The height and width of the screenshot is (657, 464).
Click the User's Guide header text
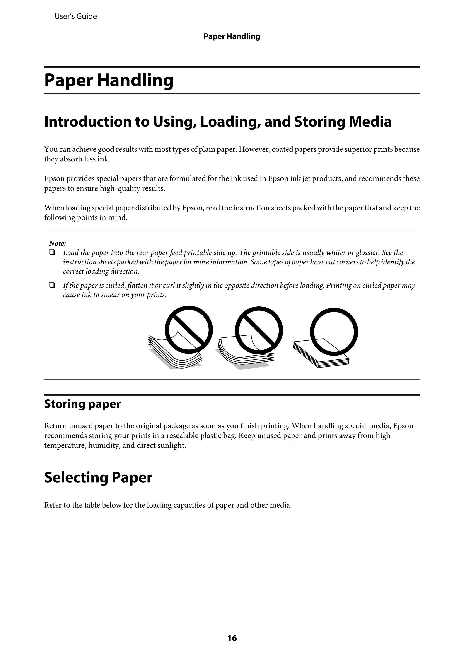(x=75, y=16)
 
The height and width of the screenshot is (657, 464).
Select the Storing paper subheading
(x=82, y=404)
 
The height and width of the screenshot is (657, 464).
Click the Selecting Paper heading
(x=98, y=477)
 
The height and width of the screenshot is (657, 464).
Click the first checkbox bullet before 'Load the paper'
(x=52, y=253)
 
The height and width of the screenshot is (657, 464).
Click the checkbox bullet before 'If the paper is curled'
(x=52, y=285)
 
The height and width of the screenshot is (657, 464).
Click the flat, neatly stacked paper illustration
(x=317, y=355)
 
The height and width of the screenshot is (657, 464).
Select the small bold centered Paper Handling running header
(x=232, y=36)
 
